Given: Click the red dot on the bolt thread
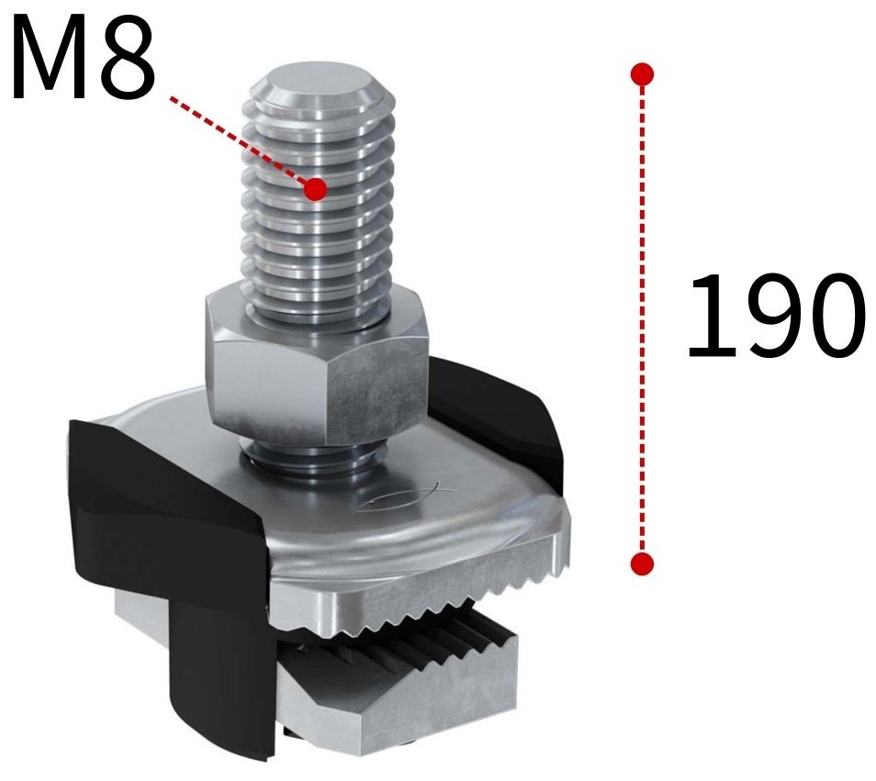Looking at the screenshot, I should point(315,189).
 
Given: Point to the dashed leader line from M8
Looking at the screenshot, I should point(239,140).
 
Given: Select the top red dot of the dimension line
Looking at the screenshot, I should point(643,73).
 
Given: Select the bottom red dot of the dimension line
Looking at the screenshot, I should point(643,563).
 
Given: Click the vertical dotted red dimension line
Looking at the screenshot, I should point(643,321).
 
